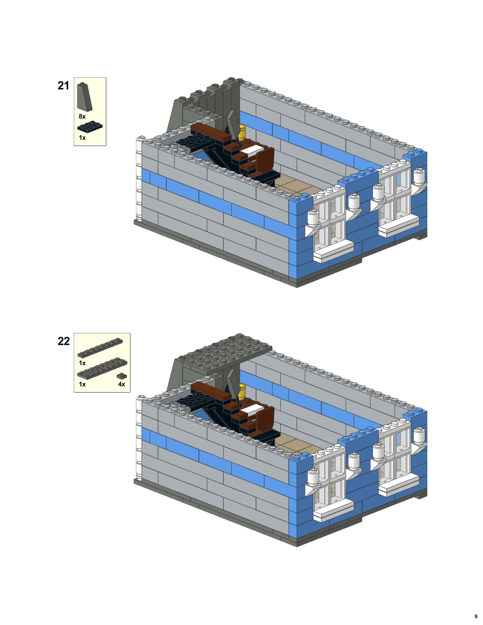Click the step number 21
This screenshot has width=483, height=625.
pyautogui.click(x=63, y=86)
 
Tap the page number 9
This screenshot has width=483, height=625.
pyautogui.click(x=476, y=614)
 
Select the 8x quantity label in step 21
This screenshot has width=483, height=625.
pyautogui.click(x=82, y=116)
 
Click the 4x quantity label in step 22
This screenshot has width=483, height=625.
pyautogui.click(x=122, y=384)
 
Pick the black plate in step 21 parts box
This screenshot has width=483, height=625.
pyautogui.click(x=90, y=128)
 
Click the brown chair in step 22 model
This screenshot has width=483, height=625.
pyautogui.click(x=265, y=416)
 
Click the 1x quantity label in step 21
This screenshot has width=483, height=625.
pyautogui.click(x=82, y=138)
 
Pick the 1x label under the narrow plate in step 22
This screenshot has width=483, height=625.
pyautogui.click(x=82, y=363)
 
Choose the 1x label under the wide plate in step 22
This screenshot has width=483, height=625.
pyautogui.click(x=82, y=384)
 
